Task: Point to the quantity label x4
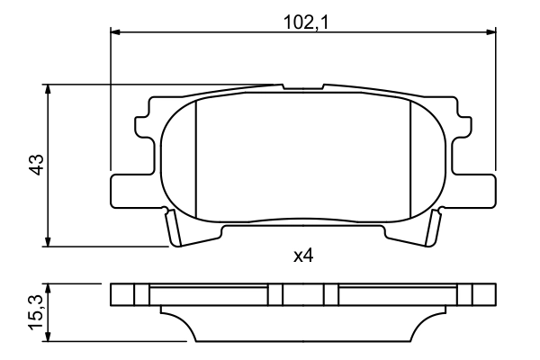click(303, 256)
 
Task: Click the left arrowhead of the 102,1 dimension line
click(115, 32)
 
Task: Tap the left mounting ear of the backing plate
click(129, 189)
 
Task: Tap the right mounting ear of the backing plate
click(477, 189)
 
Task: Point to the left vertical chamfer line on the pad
click(195, 157)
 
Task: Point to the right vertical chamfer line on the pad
click(410, 157)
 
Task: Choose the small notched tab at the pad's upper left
click(143, 127)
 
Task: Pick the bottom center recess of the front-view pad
click(303, 232)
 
